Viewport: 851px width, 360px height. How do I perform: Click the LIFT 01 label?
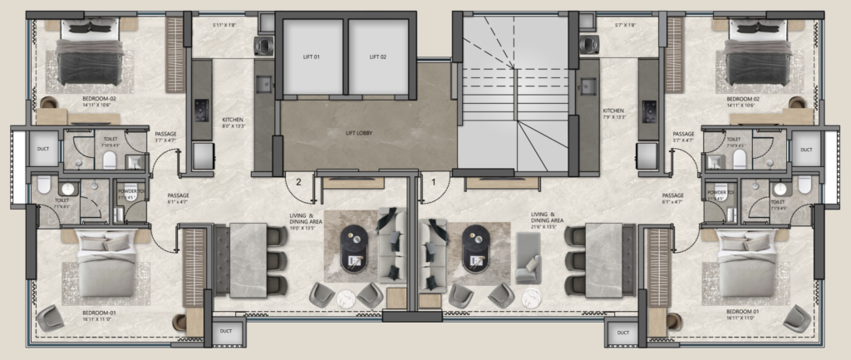coord(312,57)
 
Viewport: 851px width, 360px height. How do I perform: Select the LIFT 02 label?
coord(380,57)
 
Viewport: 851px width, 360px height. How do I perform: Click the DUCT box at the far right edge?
coord(805,150)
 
